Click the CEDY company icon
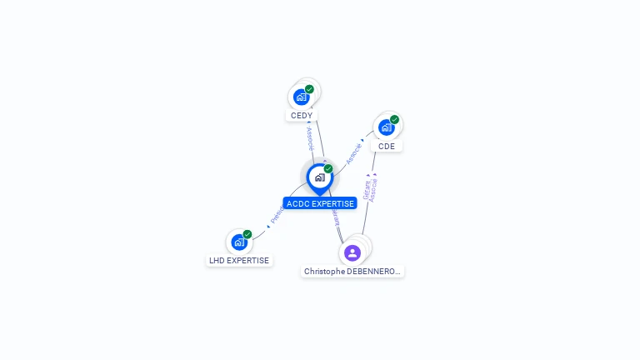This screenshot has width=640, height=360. (302, 97)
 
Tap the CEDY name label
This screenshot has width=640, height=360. (302, 115)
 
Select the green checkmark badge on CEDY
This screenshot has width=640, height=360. (309, 89)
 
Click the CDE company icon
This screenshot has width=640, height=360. (387, 127)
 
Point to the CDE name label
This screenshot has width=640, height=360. (387, 146)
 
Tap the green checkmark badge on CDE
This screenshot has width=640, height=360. (394, 120)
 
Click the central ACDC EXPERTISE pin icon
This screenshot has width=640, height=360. (319, 177)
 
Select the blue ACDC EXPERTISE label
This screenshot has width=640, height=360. (320, 203)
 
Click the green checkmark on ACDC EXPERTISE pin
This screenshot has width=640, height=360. (328, 169)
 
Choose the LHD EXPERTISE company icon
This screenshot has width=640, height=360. (239, 242)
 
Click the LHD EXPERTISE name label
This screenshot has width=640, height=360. (239, 260)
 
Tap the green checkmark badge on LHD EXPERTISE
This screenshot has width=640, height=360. (247, 235)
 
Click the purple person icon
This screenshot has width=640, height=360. (352, 252)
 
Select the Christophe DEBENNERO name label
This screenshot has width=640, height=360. (352, 271)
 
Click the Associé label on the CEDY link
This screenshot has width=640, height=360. (309, 137)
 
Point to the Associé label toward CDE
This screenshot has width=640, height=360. (354, 153)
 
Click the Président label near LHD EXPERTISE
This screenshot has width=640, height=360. (277, 214)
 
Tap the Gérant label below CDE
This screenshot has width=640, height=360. (367, 188)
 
